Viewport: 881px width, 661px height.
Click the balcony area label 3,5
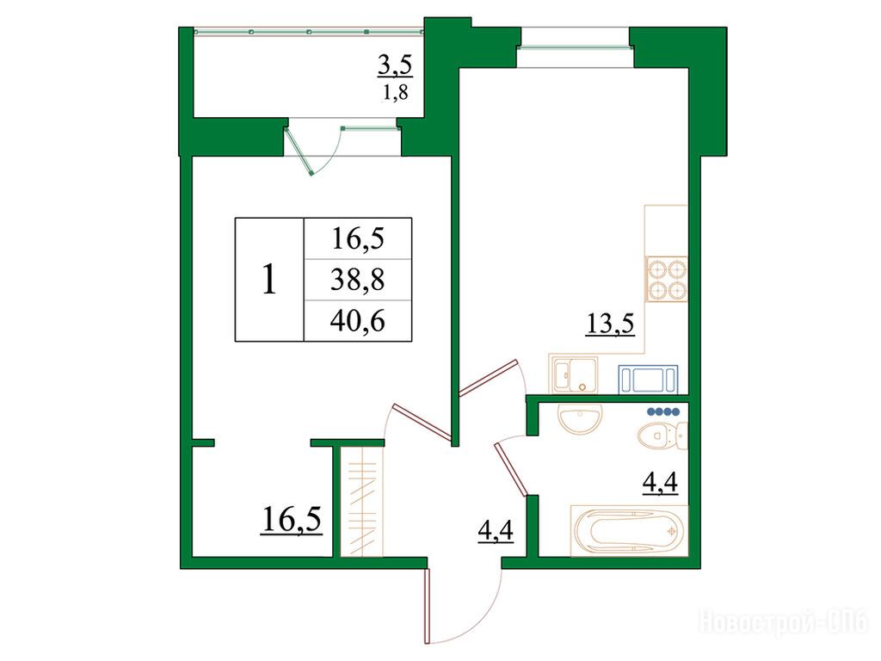coord(394,66)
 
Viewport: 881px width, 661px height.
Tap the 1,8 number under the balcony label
coord(395,92)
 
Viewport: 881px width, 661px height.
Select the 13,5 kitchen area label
coord(610,324)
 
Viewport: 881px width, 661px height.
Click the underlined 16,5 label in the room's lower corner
coord(291,519)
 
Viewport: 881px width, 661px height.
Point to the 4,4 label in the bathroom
coord(660,483)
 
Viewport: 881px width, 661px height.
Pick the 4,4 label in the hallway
coord(495,530)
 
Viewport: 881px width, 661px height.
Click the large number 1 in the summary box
coord(269,280)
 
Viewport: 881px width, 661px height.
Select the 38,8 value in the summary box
coord(357,280)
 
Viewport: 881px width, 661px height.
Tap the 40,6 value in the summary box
coord(357,321)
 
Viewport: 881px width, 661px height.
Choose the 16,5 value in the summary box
coord(358,238)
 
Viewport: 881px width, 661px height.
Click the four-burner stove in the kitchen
coord(667,279)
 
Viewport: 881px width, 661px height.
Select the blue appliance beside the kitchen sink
coord(648,380)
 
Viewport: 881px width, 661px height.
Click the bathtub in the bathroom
coord(629,531)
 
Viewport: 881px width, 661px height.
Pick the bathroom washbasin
coord(581,418)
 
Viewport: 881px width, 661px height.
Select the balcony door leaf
coord(299,151)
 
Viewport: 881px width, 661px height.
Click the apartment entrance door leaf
coord(427,606)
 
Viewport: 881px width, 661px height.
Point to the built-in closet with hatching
coord(361,502)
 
